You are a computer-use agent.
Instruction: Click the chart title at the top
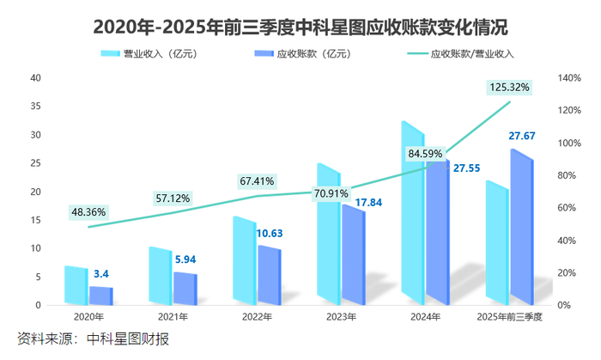click(300, 26)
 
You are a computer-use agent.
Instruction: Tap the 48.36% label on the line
click(89, 211)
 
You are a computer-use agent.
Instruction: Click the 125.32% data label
click(508, 87)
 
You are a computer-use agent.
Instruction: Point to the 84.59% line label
click(426, 154)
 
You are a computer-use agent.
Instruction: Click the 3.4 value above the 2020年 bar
click(100, 274)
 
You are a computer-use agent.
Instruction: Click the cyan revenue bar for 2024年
click(413, 215)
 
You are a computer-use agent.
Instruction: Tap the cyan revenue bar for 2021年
click(160, 275)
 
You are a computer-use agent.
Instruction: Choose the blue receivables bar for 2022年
click(269, 275)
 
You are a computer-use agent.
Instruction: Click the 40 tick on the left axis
click(35, 78)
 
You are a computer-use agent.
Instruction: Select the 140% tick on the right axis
click(569, 78)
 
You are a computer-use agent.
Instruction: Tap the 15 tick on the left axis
click(35, 220)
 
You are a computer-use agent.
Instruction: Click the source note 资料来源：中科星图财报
click(94, 338)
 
